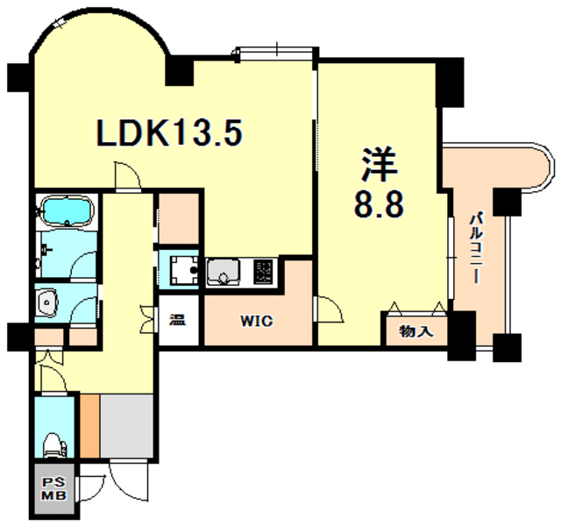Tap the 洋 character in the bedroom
click(x=378, y=166)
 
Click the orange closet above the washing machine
click(x=179, y=218)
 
